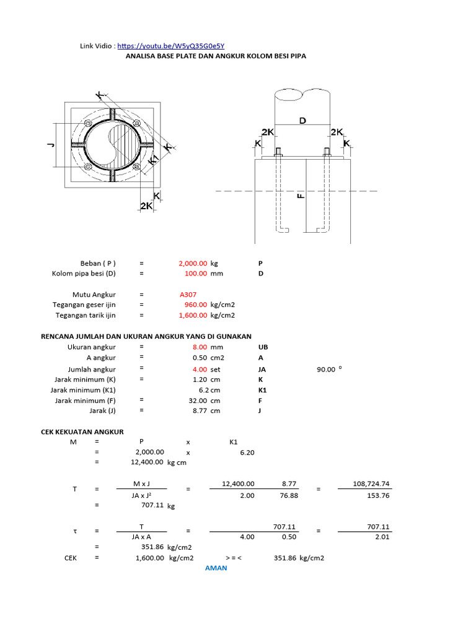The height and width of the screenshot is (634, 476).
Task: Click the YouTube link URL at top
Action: click(170, 46)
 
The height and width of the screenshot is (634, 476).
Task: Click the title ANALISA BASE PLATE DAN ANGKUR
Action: click(216, 56)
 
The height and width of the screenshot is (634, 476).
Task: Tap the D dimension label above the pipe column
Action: click(302, 121)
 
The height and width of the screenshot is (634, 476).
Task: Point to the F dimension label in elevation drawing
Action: click(301, 196)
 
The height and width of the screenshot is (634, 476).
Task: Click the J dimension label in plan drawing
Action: click(50, 145)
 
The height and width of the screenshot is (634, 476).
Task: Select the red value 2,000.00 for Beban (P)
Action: click(193, 263)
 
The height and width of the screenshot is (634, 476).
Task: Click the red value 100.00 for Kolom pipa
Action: click(196, 273)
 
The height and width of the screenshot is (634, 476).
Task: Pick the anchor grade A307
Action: click(188, 295)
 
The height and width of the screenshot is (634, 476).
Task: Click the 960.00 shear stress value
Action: click(196, 305)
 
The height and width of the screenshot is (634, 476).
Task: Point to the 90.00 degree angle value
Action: click(327, 369)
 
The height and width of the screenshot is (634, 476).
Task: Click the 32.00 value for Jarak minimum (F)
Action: click(198, 400)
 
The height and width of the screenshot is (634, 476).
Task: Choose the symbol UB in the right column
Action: click(263, 347)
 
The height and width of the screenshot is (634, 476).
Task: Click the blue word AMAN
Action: click(216, 568)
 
